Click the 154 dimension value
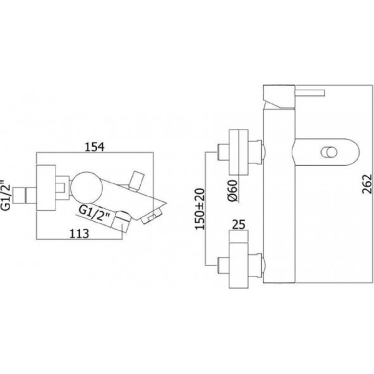point(95,146)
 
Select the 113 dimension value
point(79,234)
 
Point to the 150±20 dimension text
point(200,209)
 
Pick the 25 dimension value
point(239,224)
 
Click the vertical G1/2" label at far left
point(6,195)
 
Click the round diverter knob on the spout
point(328,152)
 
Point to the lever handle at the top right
point(310,93)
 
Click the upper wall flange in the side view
point(239,152)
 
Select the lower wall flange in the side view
point(239,266)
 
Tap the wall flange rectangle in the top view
point(46,188)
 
